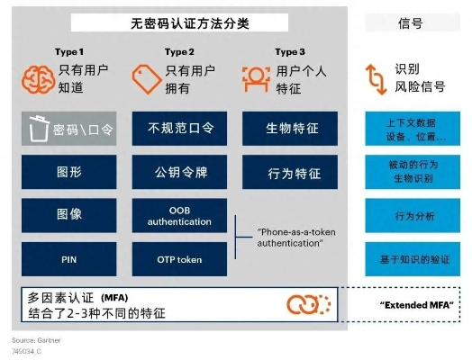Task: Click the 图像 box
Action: tap(69, 216)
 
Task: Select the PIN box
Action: tap(69, 258)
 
